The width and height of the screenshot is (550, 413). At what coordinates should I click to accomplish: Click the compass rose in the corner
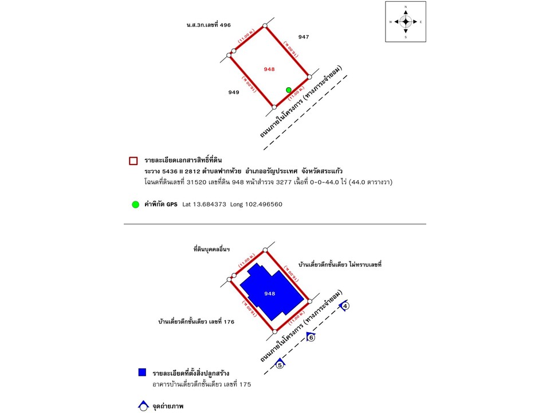coord(406,22)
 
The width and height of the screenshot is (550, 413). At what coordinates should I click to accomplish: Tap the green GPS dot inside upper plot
coord(289,89)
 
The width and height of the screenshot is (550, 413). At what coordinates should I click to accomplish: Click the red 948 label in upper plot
coord(269,69)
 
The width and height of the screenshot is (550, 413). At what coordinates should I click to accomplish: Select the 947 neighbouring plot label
coord(304,37)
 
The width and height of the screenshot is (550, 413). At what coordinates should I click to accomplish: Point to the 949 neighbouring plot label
coord(233,92)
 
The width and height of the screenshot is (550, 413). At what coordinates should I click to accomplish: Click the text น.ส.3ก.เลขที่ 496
coord(209,25)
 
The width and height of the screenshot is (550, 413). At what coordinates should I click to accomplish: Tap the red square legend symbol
coord(133,161)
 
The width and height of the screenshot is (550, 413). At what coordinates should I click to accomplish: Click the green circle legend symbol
coord(135,204)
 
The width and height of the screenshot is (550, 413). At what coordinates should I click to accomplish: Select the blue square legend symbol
coord(142,372)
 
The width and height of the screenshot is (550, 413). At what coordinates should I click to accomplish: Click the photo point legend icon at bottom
coord(143,407)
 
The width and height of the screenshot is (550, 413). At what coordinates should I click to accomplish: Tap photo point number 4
coord(345,306)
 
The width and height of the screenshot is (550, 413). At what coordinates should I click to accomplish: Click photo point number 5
coord(280,364)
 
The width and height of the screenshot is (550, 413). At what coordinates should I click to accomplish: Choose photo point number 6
coord(311,337)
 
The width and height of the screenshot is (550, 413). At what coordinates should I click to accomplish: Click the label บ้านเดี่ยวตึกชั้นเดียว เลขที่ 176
coord(196,322)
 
